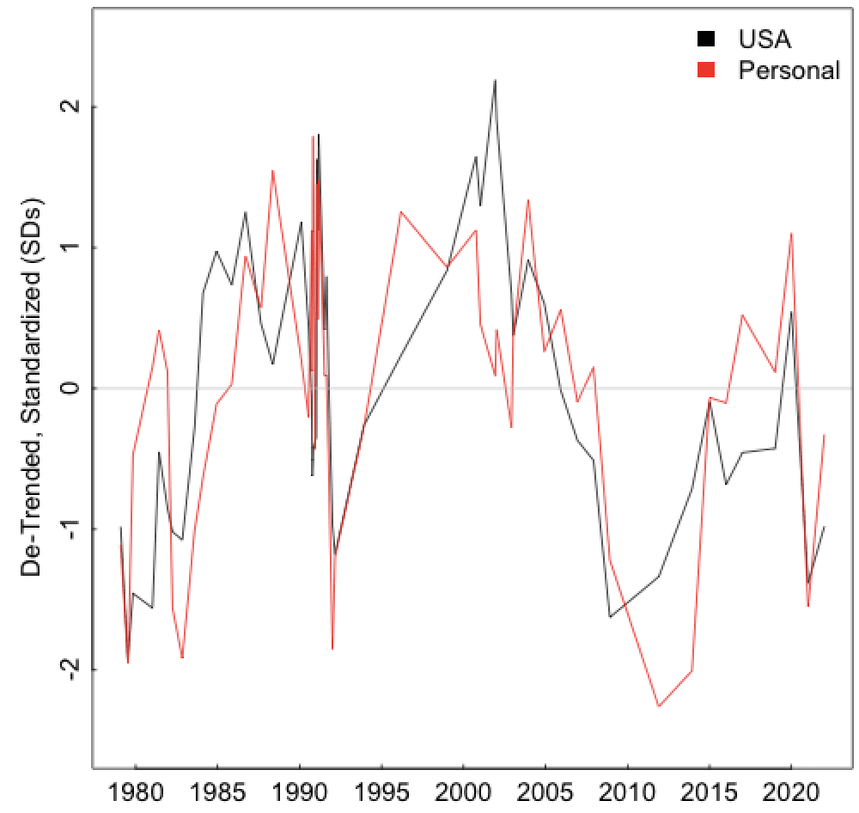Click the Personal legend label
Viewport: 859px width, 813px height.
tap(789, 70)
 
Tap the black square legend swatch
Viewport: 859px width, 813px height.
tap(706, 39)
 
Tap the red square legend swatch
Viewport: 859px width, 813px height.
tap(706, 70)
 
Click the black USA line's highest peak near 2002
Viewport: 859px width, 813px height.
tap(495, 80)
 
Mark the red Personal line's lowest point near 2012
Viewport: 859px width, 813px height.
tap(659, 706)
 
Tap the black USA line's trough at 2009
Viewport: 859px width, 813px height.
tap(610, 617)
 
